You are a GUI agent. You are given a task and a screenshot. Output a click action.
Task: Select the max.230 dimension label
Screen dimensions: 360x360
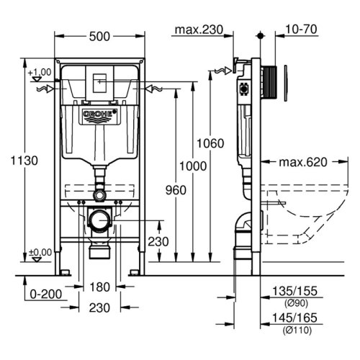pyautogui.click(x=196, y=30)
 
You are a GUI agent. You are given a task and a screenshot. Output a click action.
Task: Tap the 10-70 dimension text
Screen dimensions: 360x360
pyautogui.click(x=301, y=30)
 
